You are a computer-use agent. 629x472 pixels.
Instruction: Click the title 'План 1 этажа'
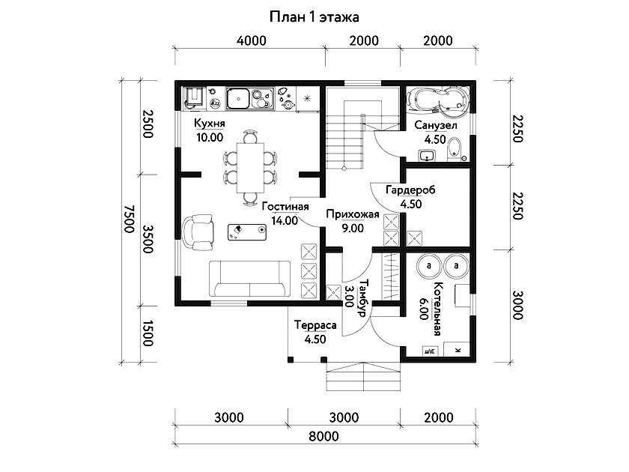[x=314, y=17]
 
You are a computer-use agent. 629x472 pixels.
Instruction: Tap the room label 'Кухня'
[x=210, y=123]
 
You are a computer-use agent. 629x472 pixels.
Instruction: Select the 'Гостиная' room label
[x=285, y=206]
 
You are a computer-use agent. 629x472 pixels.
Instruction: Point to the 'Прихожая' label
[x=352, y=214]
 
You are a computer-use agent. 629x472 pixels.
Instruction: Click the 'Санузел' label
[x=435, y=125]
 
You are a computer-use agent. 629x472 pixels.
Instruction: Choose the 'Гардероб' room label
[x=410, y=190]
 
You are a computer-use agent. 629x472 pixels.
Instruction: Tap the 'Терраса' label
[x=315, y=324]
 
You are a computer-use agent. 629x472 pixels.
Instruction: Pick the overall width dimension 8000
[x=323, y=436]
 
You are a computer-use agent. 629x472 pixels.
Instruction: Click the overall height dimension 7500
[x=129, y=219]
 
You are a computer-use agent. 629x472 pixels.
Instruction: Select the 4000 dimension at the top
[x=251, y=40]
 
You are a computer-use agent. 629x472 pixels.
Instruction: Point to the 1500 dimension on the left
[x=148, y=333]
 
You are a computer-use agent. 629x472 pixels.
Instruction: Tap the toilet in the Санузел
[x=454, y=148]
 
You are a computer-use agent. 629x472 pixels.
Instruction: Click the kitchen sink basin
[x=238, y=99]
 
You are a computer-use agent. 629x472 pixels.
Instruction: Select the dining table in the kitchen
[x=250, y=168]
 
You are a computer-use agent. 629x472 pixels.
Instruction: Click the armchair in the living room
[x=198, y=232]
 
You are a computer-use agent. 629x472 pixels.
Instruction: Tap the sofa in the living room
[x=249, y=279]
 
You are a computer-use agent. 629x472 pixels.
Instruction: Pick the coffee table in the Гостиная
[x=247, y=232]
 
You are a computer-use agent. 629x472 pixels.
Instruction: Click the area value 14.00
[x=285, y=220]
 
